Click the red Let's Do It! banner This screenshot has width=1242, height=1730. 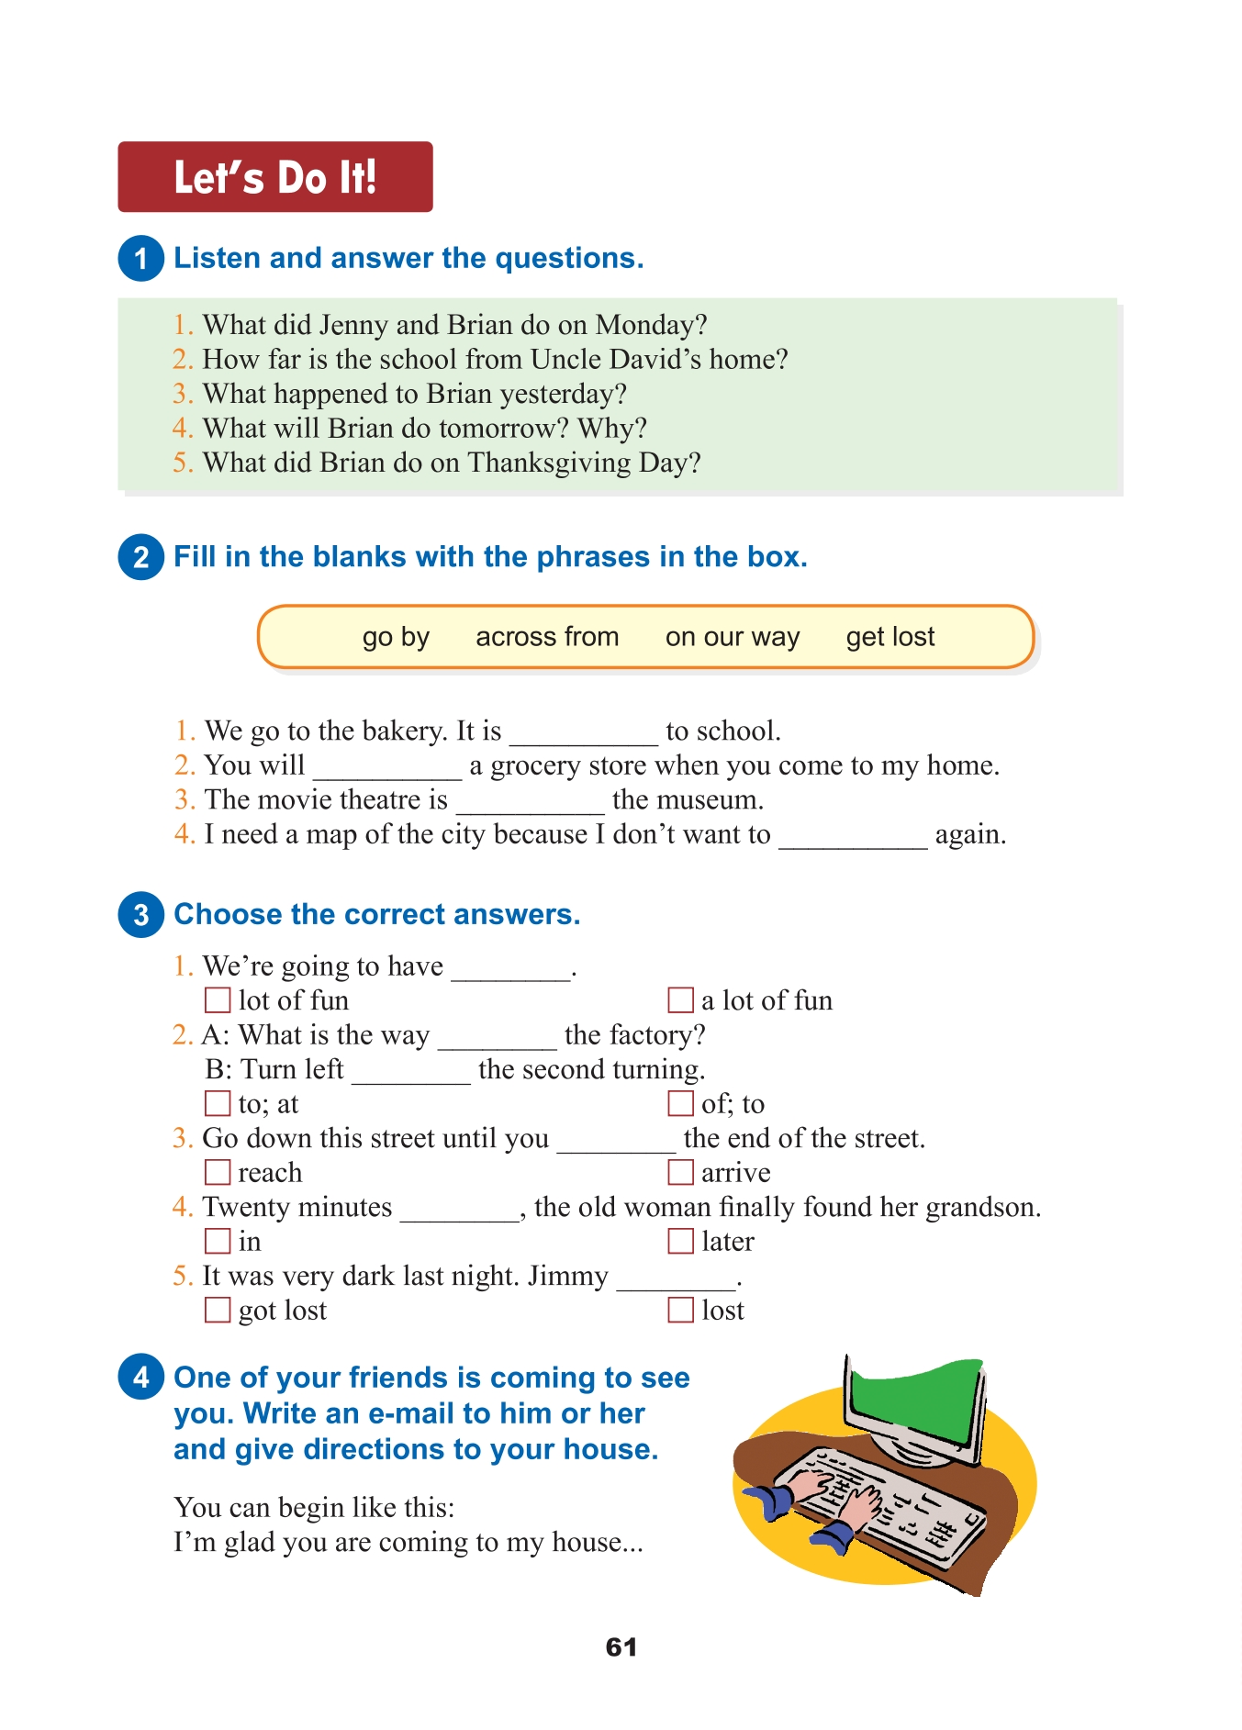click(x=274, y=177)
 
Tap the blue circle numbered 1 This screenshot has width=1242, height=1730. click(x=140, y=258)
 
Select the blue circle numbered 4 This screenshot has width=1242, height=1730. click(x=140, y=1377)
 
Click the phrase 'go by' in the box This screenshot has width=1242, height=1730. click(x=396, y=637)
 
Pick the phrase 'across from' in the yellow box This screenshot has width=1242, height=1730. click(x=547, y=637)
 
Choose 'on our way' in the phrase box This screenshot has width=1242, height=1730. click(x=733, y=637)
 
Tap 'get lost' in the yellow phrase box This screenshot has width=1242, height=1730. click(x=890, y=637)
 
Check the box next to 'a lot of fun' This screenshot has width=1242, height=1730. click(x=680, y=999)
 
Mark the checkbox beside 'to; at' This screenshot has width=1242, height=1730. click(x=218, y=1103)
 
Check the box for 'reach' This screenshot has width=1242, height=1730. click(x=218, y=1172)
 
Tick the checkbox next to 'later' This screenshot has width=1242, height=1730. click(x=680, y=1241)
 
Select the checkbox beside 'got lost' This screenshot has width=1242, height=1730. click(x=218, y=1310)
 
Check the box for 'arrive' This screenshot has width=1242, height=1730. click(x=680, y=1172)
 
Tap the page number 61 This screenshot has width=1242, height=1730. click(x=621, y=1646)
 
